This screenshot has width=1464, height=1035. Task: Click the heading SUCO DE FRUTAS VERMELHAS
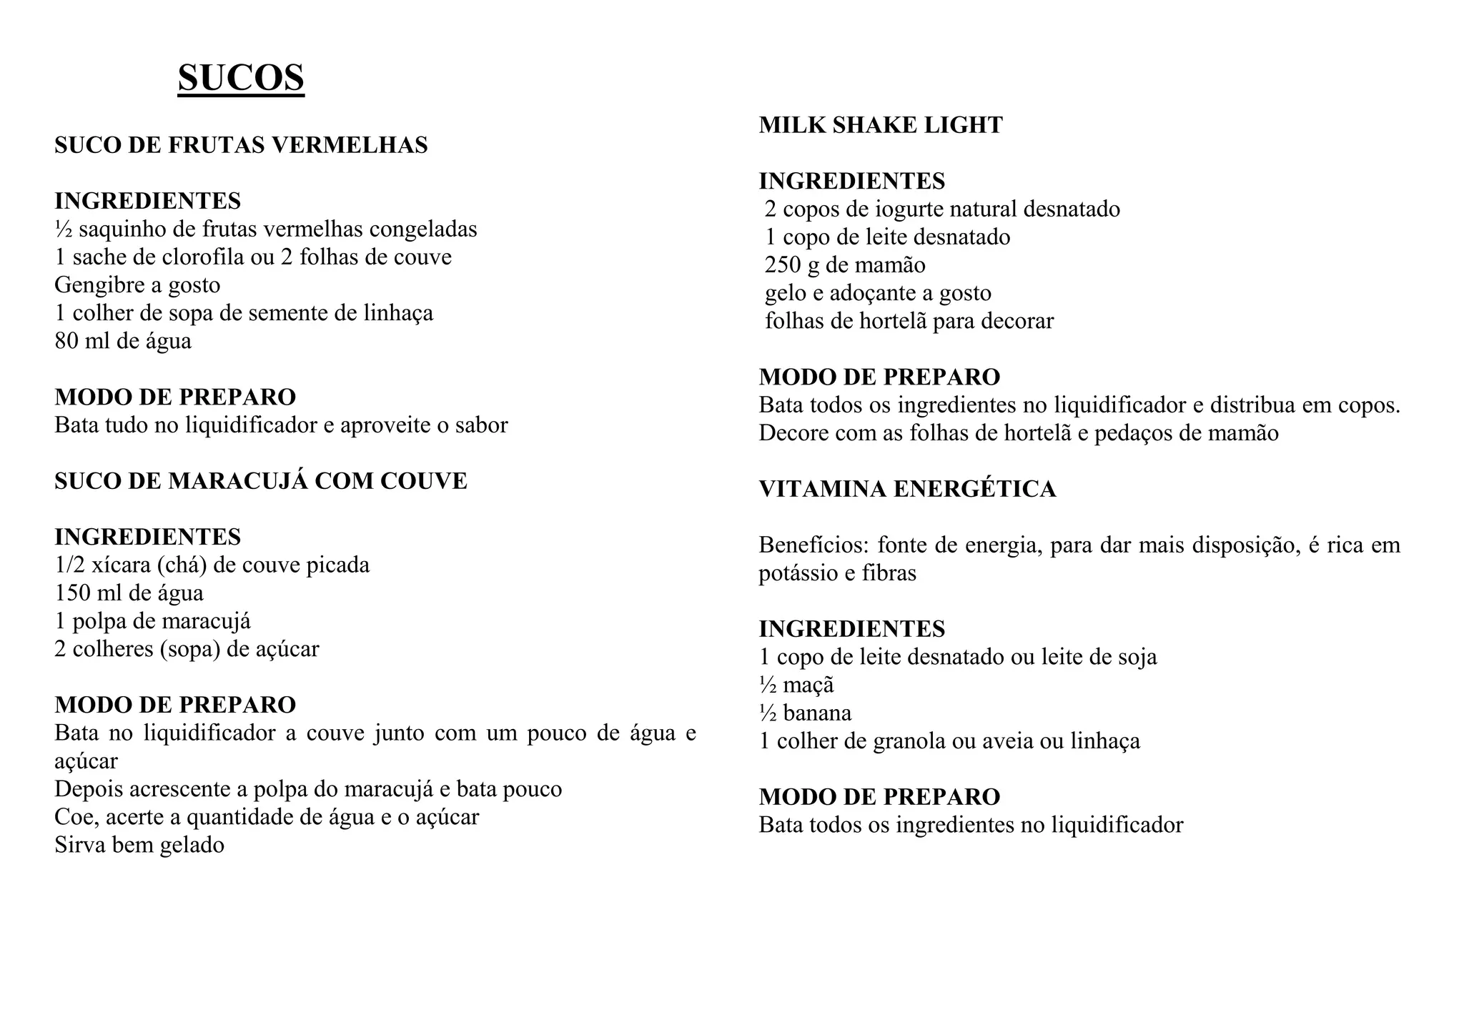click(x=241, y=145)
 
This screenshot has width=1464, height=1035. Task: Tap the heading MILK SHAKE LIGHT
click(x=881, y=125)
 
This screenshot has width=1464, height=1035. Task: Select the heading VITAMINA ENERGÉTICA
click(x=907, y=489)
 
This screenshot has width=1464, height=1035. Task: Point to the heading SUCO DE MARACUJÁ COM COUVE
click(x=261, y=481)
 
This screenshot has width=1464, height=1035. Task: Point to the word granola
click(x=906, y=741)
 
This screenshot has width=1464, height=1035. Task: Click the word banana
click(x=817, y=713)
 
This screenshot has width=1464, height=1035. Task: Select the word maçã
click(x=808, y=685)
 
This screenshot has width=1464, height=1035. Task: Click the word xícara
click(x=101, y=565)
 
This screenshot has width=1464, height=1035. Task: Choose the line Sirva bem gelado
click(x=139, y=845)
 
